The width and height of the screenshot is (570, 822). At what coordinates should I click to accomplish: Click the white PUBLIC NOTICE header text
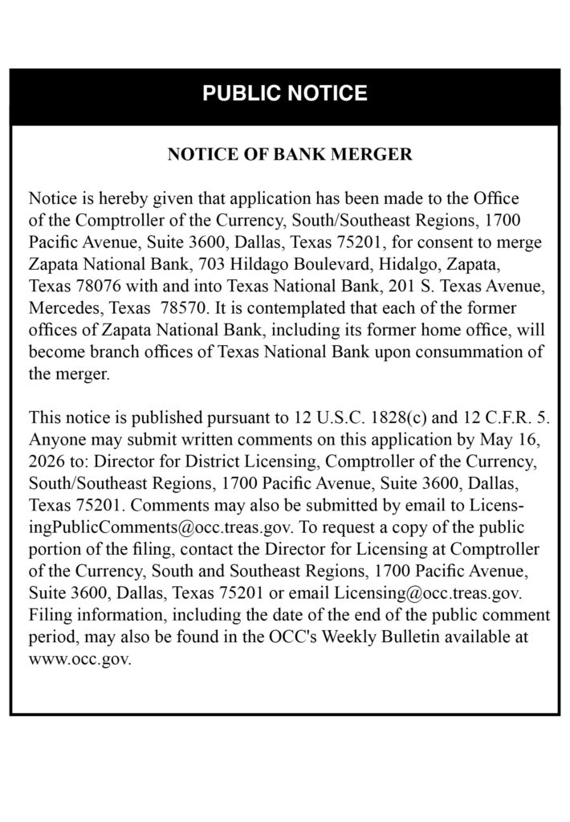pyautogui.click(x=285, y=94)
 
